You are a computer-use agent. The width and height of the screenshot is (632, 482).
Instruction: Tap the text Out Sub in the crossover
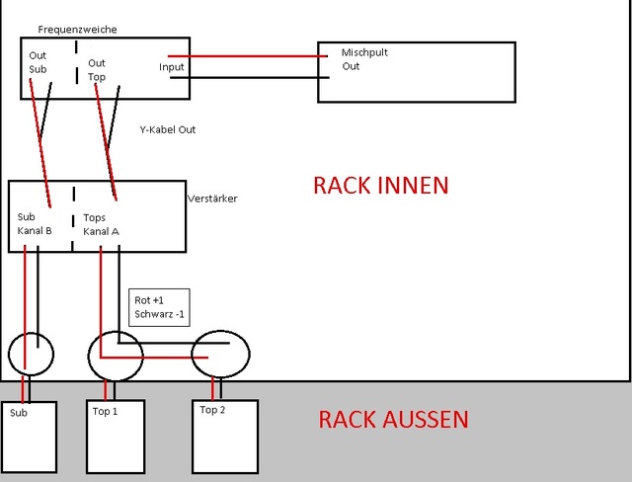coord(39,62)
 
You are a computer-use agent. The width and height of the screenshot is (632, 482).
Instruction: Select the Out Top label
coord(96,69)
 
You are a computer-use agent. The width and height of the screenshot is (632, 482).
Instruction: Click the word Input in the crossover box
coord(171,67)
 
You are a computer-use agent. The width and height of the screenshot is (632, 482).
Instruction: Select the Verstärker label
coord(212,199)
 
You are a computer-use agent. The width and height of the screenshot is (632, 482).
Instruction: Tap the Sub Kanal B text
coord(35,223)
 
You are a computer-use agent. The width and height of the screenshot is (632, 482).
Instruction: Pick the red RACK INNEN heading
coord(380,186)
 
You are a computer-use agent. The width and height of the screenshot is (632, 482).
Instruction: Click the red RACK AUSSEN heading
coord(393,420)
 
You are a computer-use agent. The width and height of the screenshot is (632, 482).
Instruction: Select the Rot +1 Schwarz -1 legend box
coord(158,307)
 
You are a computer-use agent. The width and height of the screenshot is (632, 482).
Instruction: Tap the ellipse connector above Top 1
coord(117,356)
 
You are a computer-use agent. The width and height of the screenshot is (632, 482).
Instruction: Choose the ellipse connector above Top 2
coord(220,354)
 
